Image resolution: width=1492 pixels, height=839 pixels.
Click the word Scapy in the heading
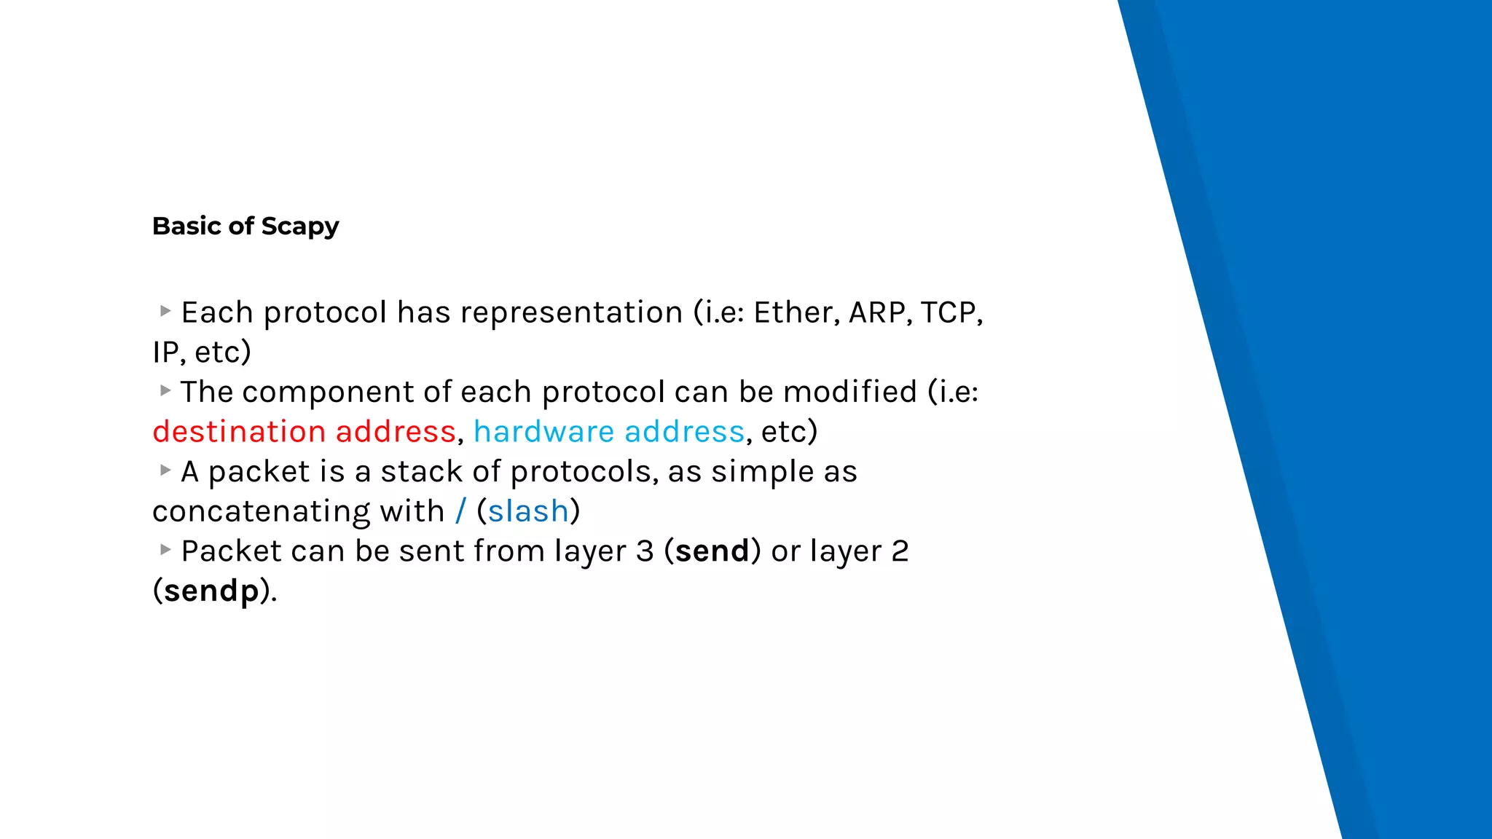pyautogui.click(x=299, y=227)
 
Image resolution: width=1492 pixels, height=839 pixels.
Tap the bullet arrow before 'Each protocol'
pyautogui.click(x=165, y=311)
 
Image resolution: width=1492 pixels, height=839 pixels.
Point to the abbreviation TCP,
pyautogui.click(x=951, y=312)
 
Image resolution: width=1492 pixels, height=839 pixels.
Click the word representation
pyautogui.click(x=571, y=312)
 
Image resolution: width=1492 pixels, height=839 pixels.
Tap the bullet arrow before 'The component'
pyautogui.click(x=165, y=390)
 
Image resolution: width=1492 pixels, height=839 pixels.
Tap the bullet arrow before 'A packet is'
pyautogui.click(x=165, y=470)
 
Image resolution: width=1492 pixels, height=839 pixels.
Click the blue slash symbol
pyautogui.click(x=460, y=511)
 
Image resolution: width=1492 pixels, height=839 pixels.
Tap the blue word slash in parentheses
pyautogui.click(x=527, y=511)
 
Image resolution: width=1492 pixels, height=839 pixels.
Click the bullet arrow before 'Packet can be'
pyautogui.click(x=165, y=549)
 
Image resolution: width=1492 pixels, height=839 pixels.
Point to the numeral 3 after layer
pyautogui.click(x=645, y=551)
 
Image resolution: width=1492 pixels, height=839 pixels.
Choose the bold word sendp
pyautogui.click(x=211, y=591)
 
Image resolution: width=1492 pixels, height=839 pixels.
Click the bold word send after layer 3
pyautogui.click(x=712, y=551)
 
